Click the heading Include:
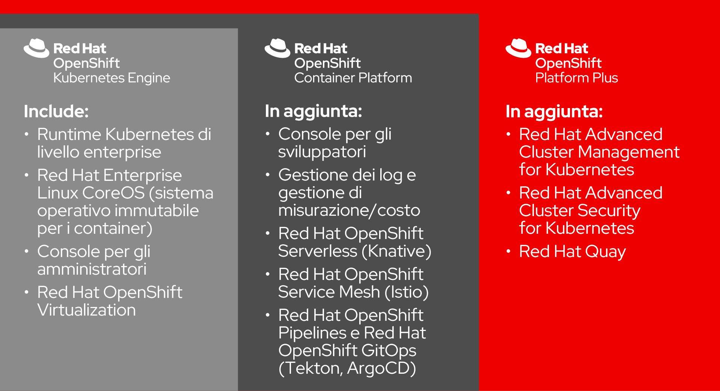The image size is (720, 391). pyautogui.click(x=56, y=111)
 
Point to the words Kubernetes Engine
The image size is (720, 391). pyautogui.click(x=112, y=78)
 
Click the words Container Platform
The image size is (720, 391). pyautogui.click(x=353, y=78)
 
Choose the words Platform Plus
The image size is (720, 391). pyautogui.click(x=576, y=78)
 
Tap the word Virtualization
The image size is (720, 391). pyautogui.click(x=87, y=310)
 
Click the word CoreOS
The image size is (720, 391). pyautogui.click(x=114, y=193)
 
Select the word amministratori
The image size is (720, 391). pyautogui.click(x=92, y=269)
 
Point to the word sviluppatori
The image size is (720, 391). pyautogui.click(x=322, y=152)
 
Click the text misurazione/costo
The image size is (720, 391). pyautogui.click(x=349, y=211)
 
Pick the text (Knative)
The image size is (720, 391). pyautogui.click(x=397, y=251)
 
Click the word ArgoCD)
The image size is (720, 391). pyautogui.click(x=381, y=368)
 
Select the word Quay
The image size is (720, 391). pyautogui.click(x=605, y=252)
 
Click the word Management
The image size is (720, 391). pyautogui.click(x=629, y=152)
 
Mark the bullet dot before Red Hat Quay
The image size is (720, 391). pyautogui.click(x=508, y=251)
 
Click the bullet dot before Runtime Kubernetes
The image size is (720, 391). pyautogui.click(x=27, y=134)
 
